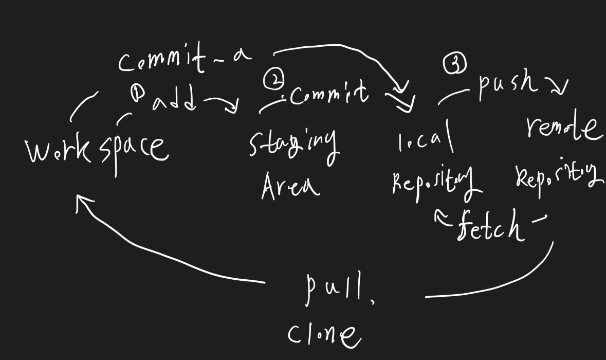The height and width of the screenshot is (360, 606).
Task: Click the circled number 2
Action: tap(273, 80)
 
